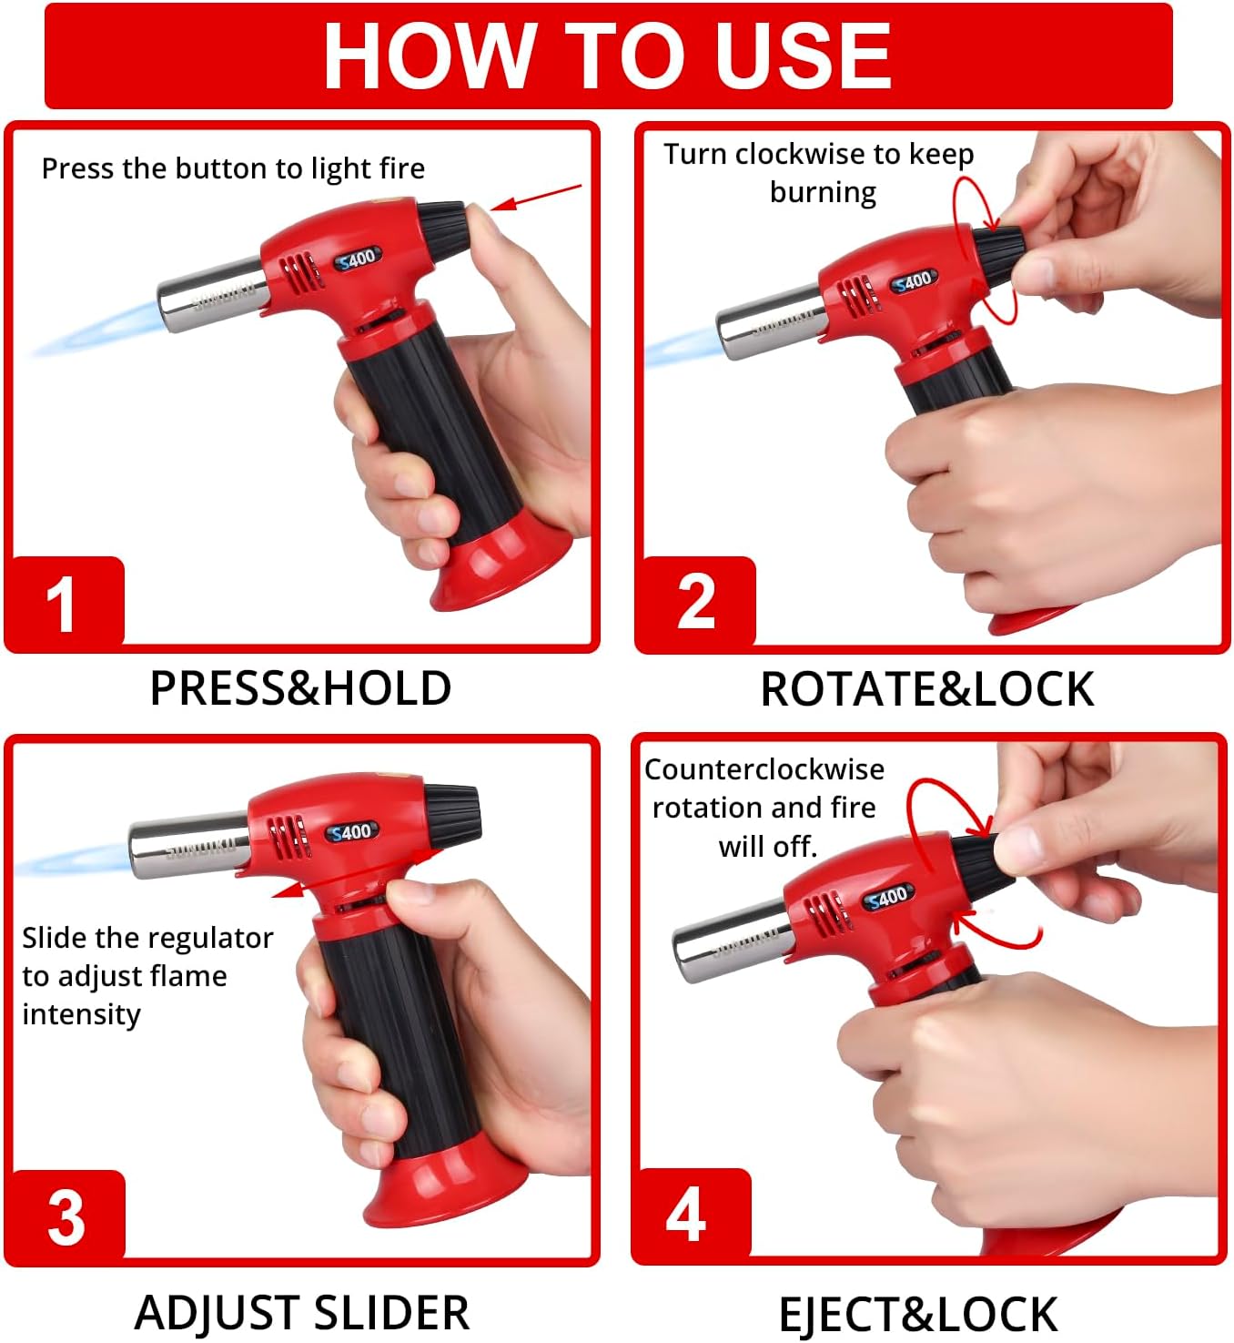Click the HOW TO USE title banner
[608, 56]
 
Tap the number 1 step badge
[65, 602]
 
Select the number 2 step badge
[696, 602]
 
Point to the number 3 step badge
[66, 1217]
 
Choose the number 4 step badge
[691, 1215]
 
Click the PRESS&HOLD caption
[300, 688]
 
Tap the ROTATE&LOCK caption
[927, 689]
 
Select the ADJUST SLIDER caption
[302, 1313]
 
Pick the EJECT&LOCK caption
[918, 1315]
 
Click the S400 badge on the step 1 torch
[358, 259]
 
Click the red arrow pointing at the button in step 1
[537, 198]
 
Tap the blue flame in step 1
[97, 328]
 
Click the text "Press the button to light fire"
[233, 168]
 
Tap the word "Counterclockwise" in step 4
[764, 770]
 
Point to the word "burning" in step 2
[823, 193]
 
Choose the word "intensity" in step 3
[82, 1014]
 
